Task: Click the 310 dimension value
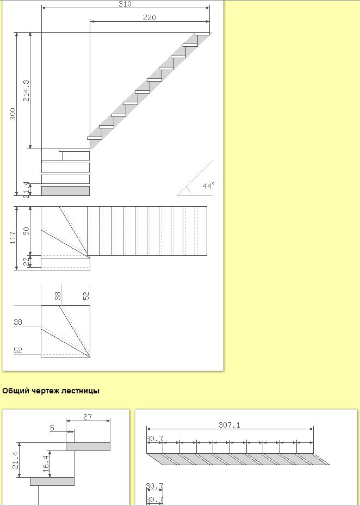coord(125,4)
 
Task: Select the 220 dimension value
coord(150,17)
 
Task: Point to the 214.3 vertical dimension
coord(26,91)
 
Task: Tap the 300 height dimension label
coord(13,114)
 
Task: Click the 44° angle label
coord(208,186)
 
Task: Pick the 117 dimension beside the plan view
coord(13,238)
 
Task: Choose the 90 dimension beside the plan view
coord(26,231)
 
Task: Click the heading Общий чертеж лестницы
coord(51,391)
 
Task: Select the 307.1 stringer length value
coord(229,425)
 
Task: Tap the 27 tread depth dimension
coord(88,417)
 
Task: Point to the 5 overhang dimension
coord(52,428)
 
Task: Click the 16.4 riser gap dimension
coord(46,464)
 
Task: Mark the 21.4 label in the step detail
coord(16,460)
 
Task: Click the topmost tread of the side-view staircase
coord(202,34)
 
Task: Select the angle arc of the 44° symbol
coord(189,190)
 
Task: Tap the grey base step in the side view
coord(65,191)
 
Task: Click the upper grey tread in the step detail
coord(88,447)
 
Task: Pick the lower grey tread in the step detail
coord(52,482)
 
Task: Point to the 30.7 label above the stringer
coord(154,439)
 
